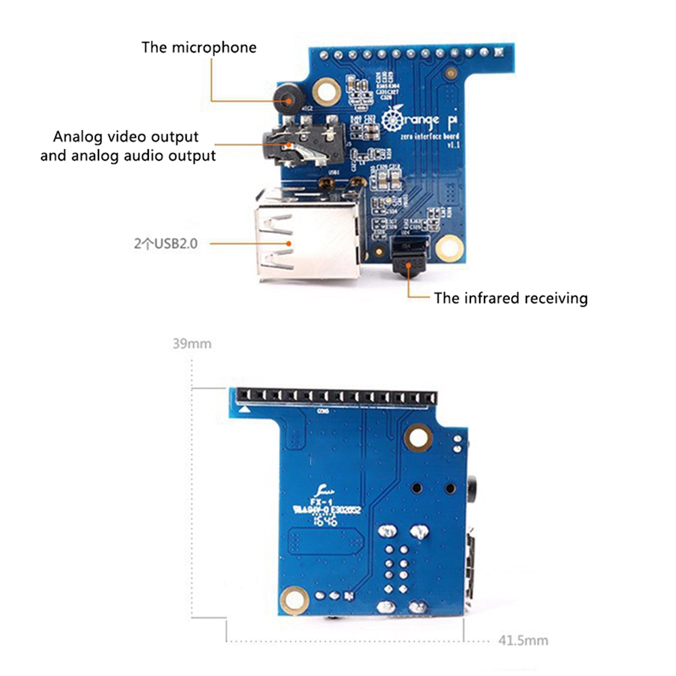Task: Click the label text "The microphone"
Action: pyautogui.click(x=199, y=47)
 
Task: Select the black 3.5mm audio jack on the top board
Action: pyautogui.click(x=297, y=143)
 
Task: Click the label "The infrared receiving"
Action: pyautogui.click(x=510, y=298)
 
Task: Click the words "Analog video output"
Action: pyautogui.click(x=126, y=137)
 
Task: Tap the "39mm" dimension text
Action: pyautogui.click(x=192, y=343)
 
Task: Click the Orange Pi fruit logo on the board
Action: pyautogui.click(x=392, y=120)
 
